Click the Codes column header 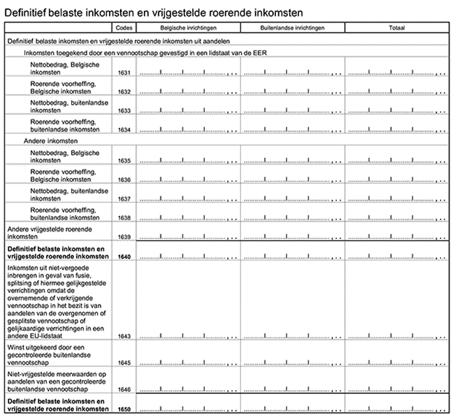124,27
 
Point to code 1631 124,73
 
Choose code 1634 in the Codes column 124,130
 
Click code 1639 124,237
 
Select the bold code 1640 124,257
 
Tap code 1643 124,335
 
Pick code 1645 124,362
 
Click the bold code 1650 124,409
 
